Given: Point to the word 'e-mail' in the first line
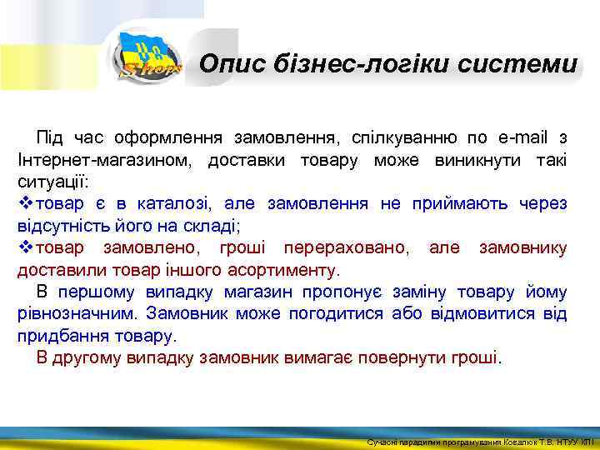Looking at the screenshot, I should click(x=517, y=137).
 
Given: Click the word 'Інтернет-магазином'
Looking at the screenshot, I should click(x=102, y=159).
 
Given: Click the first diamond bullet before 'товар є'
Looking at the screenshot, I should click(x=25, y=203).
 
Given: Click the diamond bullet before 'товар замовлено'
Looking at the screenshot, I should click(x=25, y=247).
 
